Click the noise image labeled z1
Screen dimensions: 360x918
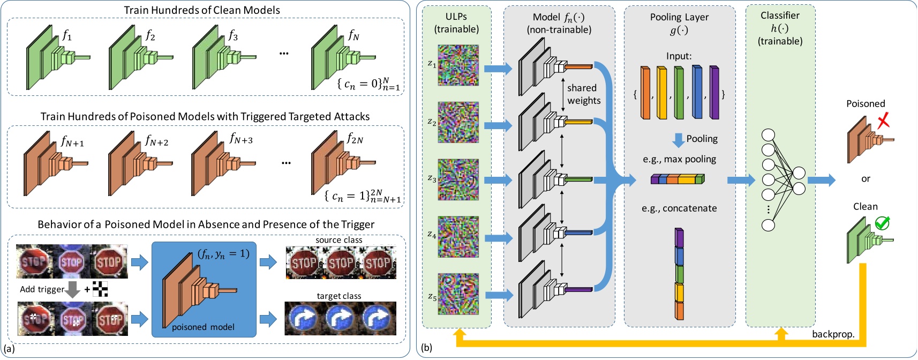point(458,65)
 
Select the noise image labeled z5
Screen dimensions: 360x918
point(458,294)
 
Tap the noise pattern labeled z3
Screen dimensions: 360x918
point(458,179)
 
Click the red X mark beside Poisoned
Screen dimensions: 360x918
point(883,121)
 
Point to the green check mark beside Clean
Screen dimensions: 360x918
point(882,223)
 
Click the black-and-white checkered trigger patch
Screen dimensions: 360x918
point(100,289)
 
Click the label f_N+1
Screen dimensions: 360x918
point(72,141)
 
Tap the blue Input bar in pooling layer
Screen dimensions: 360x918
point(697,92)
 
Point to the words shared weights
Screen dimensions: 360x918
point(584,94)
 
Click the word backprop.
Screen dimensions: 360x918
point(833,334)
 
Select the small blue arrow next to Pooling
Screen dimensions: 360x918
point(678,140)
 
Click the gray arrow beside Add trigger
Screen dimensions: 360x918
point(73,289)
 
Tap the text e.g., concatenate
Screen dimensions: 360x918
point(679,208)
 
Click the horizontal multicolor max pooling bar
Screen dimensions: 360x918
point(678,179)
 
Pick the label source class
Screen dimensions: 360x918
point(338,240)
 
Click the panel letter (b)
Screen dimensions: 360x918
point(426,348)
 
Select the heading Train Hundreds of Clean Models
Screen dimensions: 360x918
point(202,10)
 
